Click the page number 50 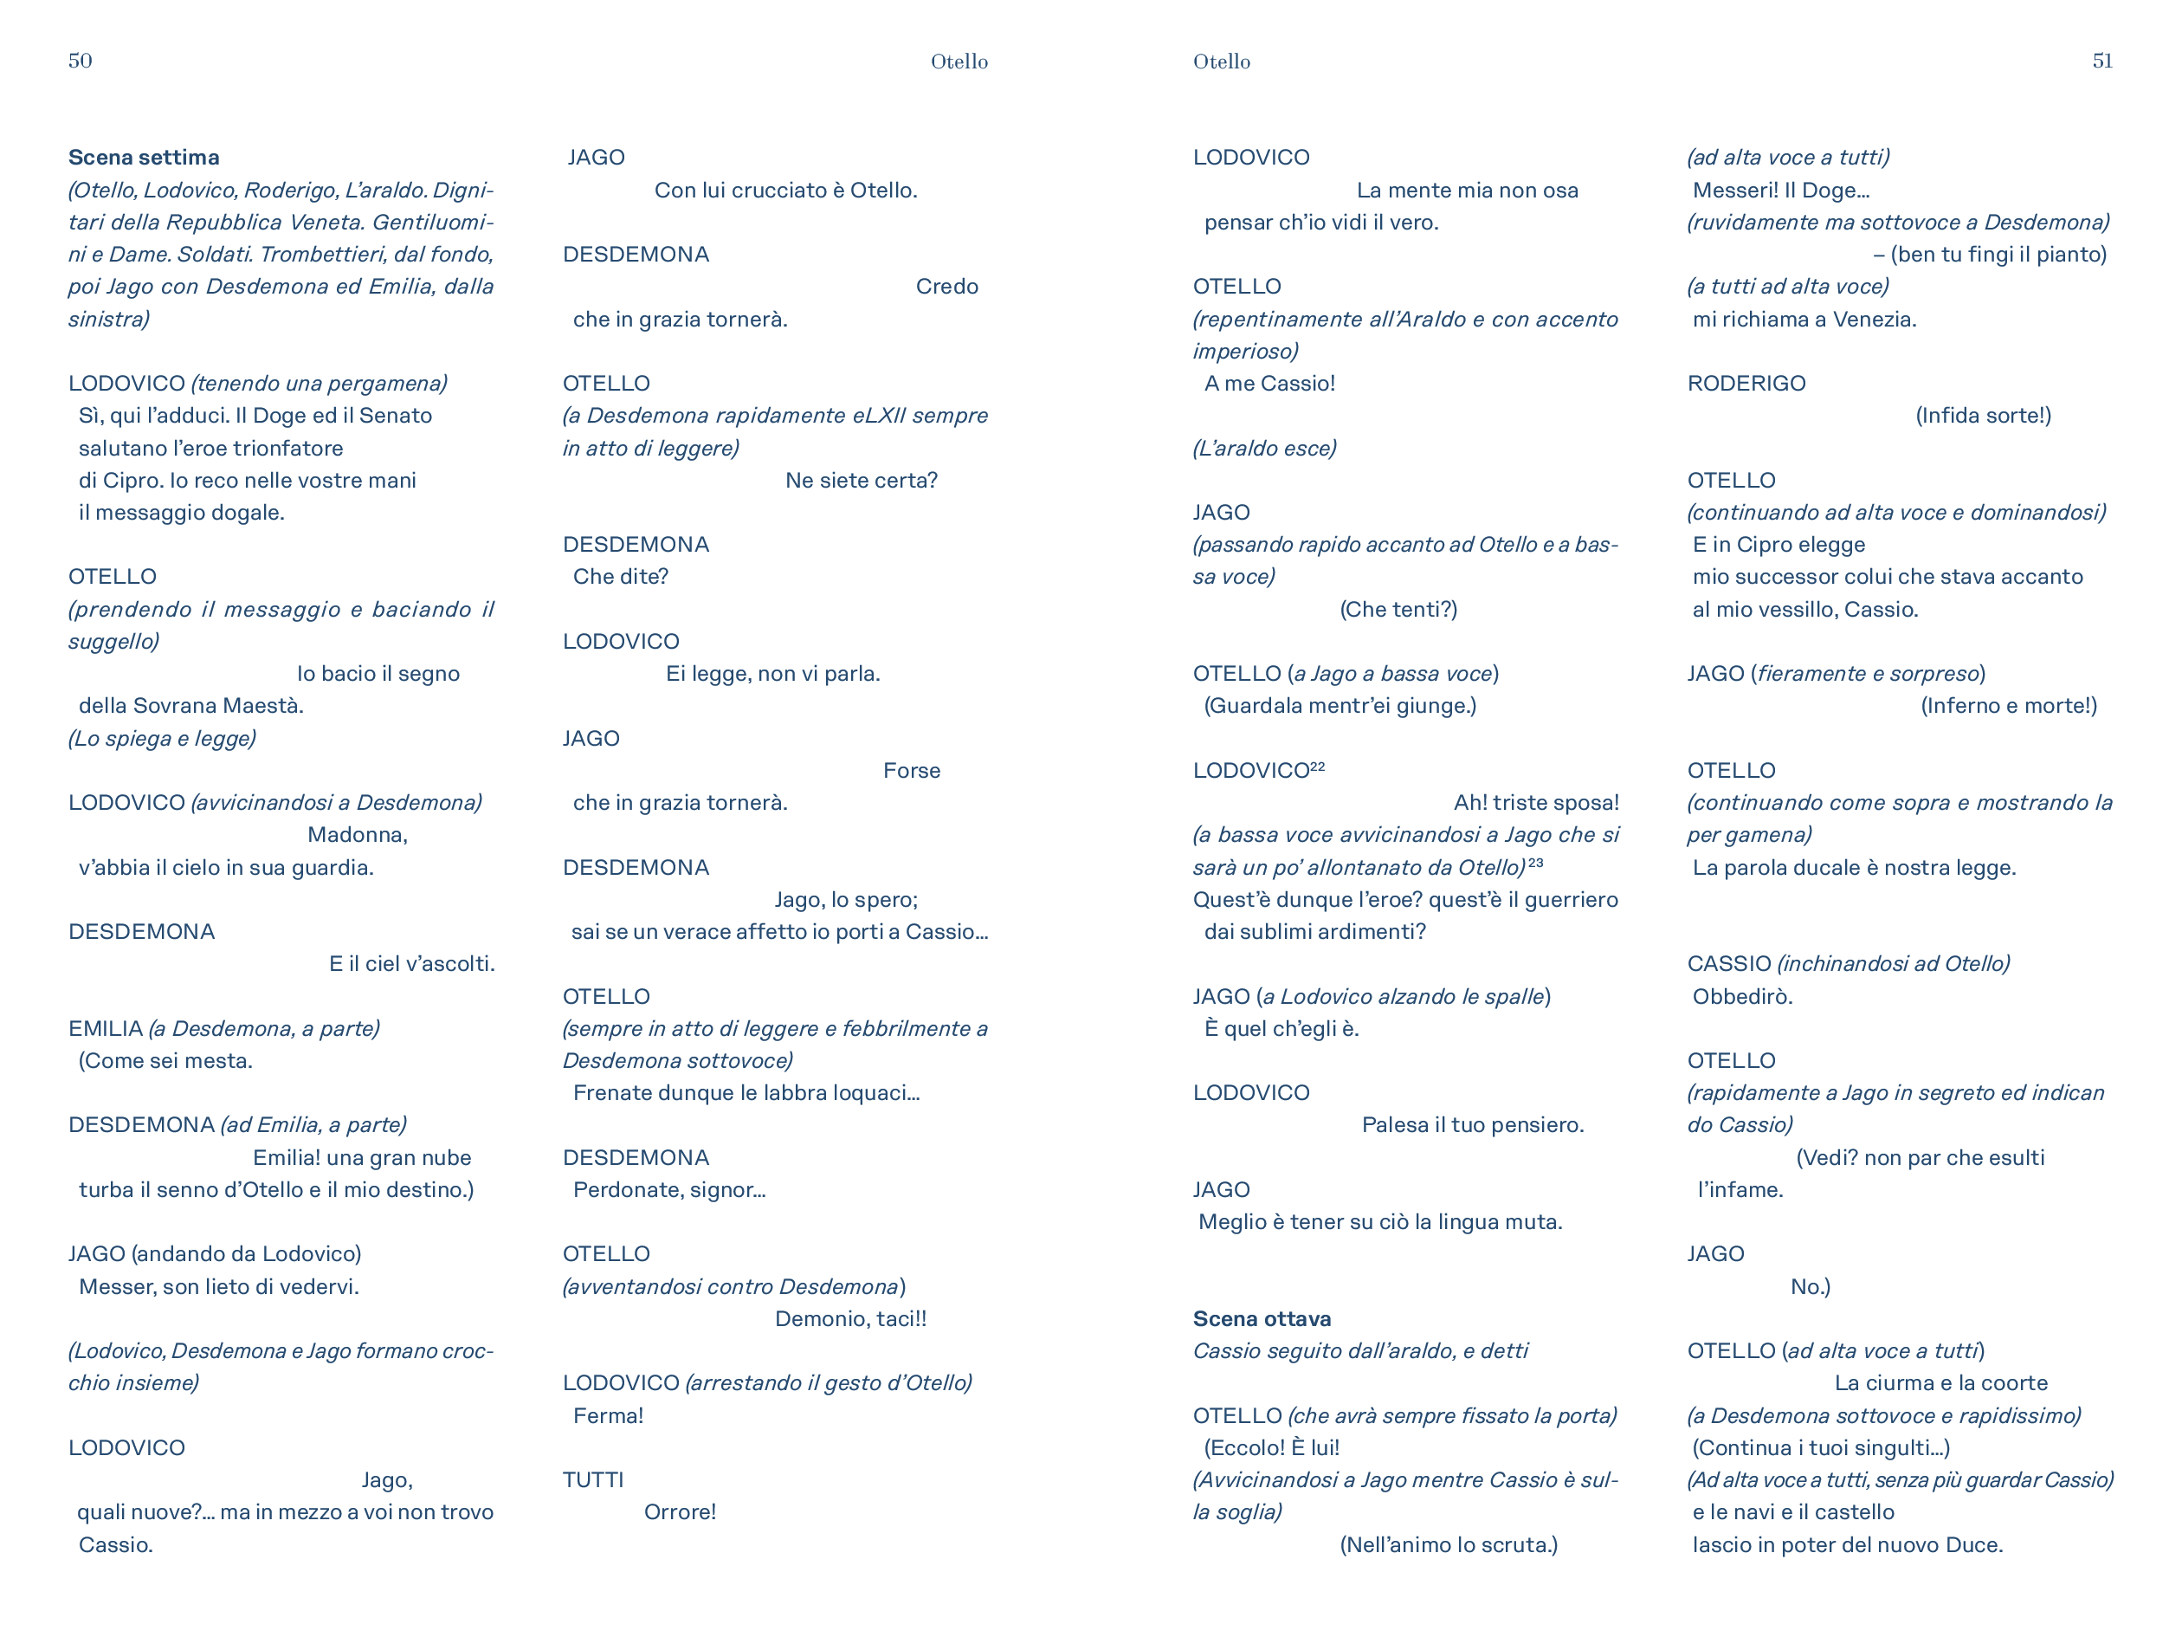point(80,60)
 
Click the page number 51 point(2102,60)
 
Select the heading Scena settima point(144,157)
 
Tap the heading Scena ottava point(1262,1318)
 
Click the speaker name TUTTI point(593,1479)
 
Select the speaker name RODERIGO point(1746,383)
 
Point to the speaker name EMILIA point(106,1028)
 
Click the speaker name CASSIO point(1728,963)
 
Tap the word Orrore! point(680,1511)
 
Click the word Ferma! point(608,1415)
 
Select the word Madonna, point(357,835)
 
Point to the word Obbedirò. point(1742,995)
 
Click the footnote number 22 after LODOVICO point(1317,766)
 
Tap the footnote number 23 point(1535,863)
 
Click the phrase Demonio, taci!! point(850,1318)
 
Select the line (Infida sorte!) point(1983,416)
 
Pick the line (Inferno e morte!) point(2008,706)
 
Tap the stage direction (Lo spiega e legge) point(162,738)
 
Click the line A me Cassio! point(1269,383)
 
